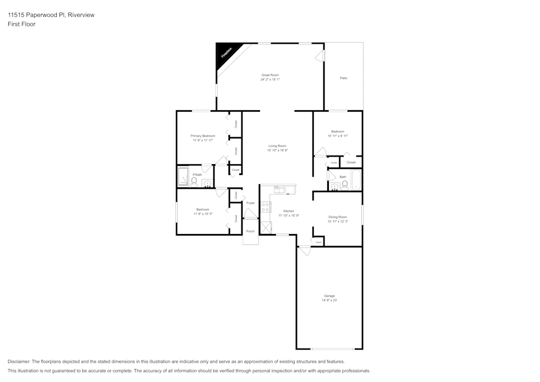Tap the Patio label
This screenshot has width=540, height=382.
point(343,78)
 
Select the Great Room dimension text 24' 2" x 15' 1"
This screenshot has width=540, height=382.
point(270,79)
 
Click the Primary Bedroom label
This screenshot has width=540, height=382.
point(202,136)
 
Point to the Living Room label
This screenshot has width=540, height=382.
point(278,146)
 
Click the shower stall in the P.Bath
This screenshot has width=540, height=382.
point(183,177)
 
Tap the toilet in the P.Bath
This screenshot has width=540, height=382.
point(194,181)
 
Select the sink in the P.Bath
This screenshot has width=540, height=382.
point(207,184)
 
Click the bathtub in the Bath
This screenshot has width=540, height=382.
point(356,180)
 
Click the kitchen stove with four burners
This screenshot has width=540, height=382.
point(266,207)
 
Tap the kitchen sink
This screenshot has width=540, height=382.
point(279,190)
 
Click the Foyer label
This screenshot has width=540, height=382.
point(251,203)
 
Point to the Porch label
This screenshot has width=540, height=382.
point(250,231)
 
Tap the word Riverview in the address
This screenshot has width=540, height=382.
point(81,15)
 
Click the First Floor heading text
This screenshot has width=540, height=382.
point(22,24)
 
